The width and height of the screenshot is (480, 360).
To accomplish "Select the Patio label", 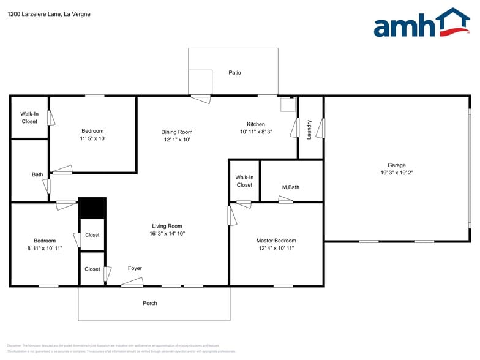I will coord(234,73).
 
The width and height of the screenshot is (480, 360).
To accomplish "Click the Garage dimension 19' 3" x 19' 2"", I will coord(396,173).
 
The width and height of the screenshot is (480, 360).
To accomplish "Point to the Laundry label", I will coord(309,129).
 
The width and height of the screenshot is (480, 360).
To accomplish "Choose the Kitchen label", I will coord(256,124).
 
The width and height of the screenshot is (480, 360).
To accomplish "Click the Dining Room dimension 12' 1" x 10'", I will coord(177,140).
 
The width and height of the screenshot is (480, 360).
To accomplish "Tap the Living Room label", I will coord(167,226).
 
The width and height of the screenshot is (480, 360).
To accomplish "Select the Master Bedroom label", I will coord(276,241).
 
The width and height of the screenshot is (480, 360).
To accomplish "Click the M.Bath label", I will coord(291,187).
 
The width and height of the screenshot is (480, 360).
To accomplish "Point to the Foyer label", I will coord(135,268).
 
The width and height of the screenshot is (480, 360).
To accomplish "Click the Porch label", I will coord(150,303).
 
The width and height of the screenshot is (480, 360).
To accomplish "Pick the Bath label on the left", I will coord(37,174).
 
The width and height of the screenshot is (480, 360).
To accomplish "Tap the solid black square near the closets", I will coord(92,208).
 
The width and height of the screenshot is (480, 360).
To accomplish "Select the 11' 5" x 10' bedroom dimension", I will coord(92,138).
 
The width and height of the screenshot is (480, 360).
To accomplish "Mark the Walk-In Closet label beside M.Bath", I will coord(244,181).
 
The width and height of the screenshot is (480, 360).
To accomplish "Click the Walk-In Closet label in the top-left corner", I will coord(29,118).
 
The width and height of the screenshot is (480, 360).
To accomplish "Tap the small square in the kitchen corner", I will coord(288,105).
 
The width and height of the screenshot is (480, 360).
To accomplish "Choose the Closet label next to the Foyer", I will coord(92,269).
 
